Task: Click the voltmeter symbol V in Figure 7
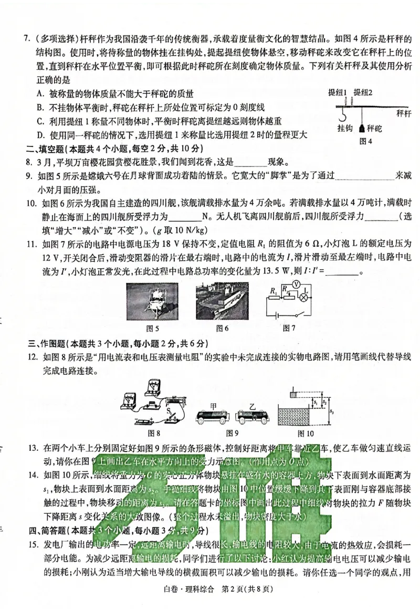pos(296,284)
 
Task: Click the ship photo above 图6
pos(222,301)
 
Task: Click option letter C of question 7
pos(40,120)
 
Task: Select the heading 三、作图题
pos(51,344)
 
